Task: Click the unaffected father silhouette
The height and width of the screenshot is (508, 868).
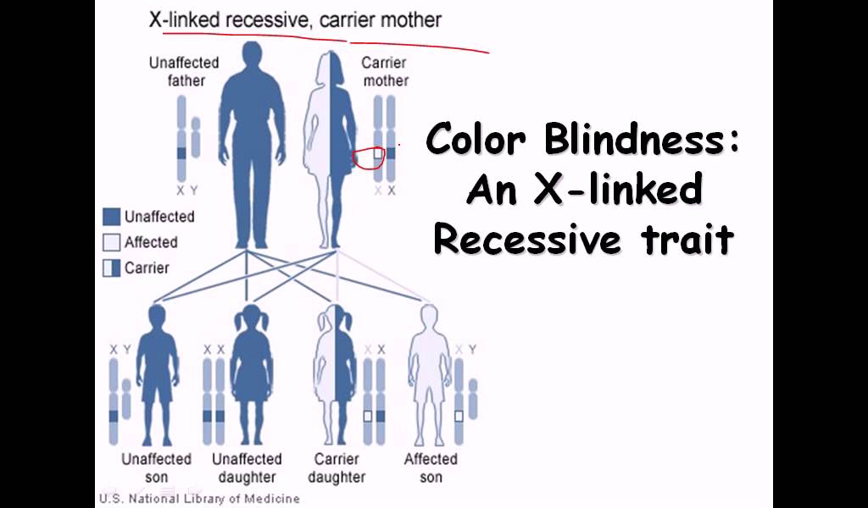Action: [x=253, y=135]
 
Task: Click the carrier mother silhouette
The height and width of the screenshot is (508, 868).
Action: [x=330, y=144]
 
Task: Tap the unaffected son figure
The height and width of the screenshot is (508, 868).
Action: [x=157, y=373]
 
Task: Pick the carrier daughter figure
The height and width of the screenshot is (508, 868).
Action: [x=336, y=373]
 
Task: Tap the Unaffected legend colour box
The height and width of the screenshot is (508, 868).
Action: [x=111, y=217]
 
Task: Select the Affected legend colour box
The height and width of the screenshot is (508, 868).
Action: [x=111, y=243]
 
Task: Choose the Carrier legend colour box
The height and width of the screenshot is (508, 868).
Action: [x=111, y=268]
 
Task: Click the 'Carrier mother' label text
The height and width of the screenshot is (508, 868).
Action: [x=384, y=72]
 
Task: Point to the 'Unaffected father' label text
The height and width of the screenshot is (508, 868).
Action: [x=184, y=72]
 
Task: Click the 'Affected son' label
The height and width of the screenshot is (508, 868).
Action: [x=431, y=467]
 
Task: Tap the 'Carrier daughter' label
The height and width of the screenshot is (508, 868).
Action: [x=337, y=467]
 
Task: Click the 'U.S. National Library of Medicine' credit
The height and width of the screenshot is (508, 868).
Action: [x=199, y=499]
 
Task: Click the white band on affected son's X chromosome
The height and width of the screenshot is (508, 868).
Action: [x=459, y=416]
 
